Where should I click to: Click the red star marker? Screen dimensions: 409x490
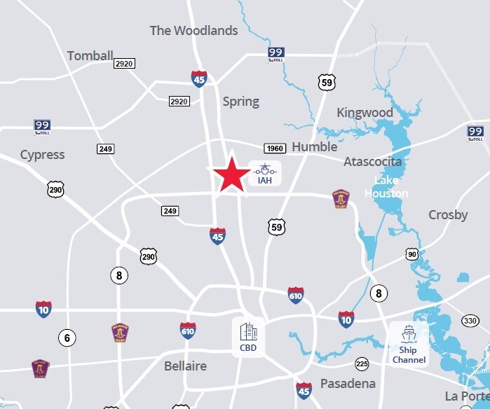(231, 175)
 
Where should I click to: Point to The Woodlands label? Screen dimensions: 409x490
(193, 31)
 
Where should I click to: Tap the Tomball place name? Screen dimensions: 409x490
(90, 56)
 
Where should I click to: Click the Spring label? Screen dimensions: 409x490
(240, 102)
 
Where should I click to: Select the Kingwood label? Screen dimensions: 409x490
(365, 113)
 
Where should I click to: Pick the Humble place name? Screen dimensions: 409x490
(314, 147)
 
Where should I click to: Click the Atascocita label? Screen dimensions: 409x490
(372, 162)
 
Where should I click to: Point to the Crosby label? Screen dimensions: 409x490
(448, 215)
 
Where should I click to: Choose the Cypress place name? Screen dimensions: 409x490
(42, 155)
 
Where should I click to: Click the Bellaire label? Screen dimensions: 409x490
(185, 366)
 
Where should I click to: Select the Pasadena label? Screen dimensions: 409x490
(348, 384)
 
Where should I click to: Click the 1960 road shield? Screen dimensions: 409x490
(274, 148)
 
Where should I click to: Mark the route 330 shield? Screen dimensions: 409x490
(470, 321)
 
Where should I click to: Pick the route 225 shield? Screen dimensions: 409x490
(362, 363)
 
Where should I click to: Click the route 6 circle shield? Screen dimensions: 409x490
(67, 338)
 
